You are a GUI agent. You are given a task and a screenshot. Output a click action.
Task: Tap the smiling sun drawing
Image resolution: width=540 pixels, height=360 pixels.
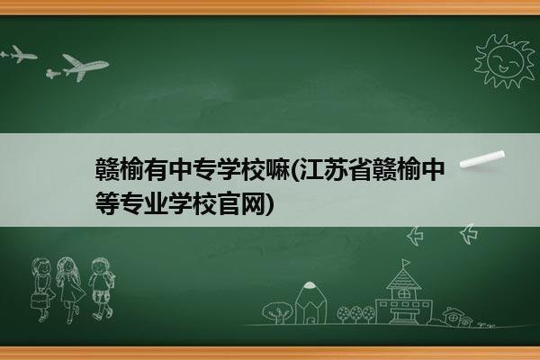click(504, 60)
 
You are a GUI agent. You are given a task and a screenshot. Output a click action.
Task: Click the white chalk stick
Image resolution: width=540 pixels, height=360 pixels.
click(482, 159)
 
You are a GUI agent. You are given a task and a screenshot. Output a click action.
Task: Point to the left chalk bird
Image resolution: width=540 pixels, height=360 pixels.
click(415, 236)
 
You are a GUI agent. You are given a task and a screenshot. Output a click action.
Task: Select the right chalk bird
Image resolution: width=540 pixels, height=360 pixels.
click(469, 234)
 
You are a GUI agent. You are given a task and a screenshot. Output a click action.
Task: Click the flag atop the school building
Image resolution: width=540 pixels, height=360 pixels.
click(407, 263)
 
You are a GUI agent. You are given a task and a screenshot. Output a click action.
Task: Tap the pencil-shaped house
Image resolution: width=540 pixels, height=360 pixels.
click(310, 303)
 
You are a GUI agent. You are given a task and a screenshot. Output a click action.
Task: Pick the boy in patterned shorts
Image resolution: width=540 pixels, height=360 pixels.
click(102, 288)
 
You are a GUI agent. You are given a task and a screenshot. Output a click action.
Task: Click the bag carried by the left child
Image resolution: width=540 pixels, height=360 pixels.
click(39, 301)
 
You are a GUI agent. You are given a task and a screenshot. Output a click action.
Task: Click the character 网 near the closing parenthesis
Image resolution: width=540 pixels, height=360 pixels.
click(254, 203)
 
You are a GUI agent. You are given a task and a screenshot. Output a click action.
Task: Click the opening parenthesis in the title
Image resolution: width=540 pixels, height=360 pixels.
click(295, 170)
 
